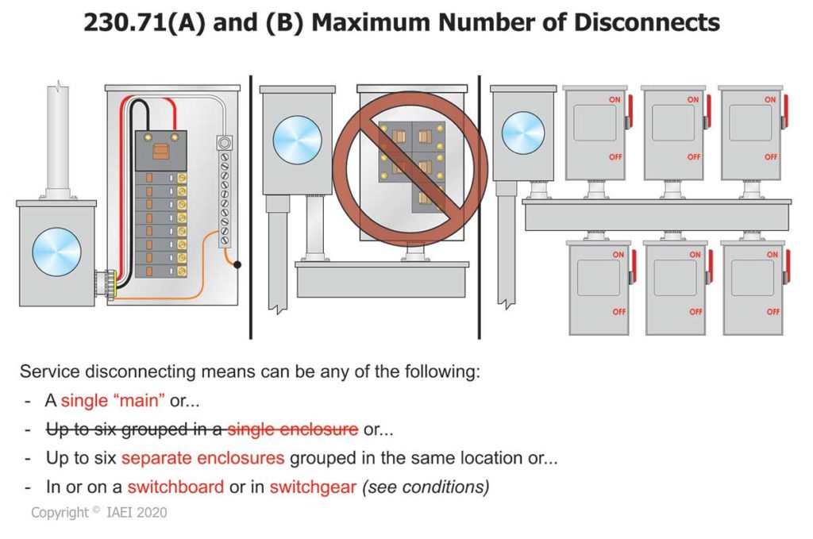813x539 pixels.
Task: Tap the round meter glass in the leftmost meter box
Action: click(56, 252)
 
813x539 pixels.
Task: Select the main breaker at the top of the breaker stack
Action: click(161, 150)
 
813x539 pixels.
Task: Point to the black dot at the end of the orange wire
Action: click(237, 264)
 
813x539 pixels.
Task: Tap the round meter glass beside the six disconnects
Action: click(523, 133)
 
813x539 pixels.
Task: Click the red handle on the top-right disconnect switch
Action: click(784, 111)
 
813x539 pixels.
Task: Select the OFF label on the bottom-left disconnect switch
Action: click(618, 312)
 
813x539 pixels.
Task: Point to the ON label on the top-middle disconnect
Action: click(693, 100)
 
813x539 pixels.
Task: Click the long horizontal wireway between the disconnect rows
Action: click(656, 215)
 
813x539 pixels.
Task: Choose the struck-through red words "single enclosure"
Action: click(292, 429)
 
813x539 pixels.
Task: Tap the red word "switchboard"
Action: click(175, 487)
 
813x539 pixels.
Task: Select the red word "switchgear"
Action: click(313, 487)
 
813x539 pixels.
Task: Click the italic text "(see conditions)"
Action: click(426, 487)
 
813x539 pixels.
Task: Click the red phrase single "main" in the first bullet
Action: click(113, 401)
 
